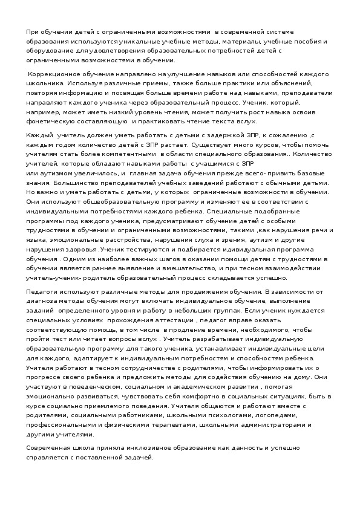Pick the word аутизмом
(54, 173)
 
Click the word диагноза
(41, 300)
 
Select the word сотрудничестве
(124, 368)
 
